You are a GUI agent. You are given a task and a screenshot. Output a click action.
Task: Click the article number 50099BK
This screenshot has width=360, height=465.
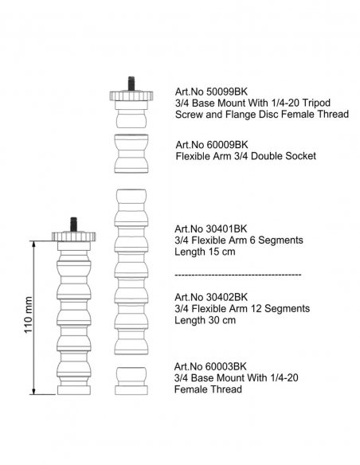pyautogui.click(x=227, y=92)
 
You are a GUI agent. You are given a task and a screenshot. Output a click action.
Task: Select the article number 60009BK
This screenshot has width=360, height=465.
pyautogui.click(x=227, y=144)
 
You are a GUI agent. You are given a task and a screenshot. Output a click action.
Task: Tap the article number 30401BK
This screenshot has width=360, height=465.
pyautogui.click(x=226, y=229)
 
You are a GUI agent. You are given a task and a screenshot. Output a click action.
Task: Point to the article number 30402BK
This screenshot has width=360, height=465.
pyautogui.click(x=226, y=297)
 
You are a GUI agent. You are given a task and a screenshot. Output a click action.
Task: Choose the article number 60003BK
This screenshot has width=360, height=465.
pyautogui.click(x=226, y=366)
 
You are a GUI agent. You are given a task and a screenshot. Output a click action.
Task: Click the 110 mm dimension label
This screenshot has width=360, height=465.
pyautogui.click(x=28, y=315)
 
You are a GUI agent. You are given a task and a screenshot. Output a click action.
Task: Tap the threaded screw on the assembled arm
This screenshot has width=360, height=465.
pyautogui.click(x=73, y=225)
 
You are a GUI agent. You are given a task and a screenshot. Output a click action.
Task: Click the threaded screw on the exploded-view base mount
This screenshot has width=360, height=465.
pyautogui.click(x=131, y=84)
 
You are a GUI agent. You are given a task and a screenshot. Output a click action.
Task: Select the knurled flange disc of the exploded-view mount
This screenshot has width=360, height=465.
pyautogui.click(x=131, y=96)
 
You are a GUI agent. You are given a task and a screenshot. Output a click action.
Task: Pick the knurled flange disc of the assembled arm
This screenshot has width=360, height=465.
pyautogui.click(x=73, y=236)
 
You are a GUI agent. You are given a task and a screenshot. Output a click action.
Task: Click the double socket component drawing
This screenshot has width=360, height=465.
pyautogui.click(x=131, y=154)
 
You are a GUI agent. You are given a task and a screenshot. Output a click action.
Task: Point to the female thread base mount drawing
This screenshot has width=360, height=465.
pyautogui.click(x=131, y=381)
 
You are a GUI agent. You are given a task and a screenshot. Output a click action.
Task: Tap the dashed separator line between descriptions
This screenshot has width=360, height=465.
pyautogui.click(x=238, y=275)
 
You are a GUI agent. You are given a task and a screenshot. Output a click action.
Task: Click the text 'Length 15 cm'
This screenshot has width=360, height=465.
pyautogui.click(x=205, y=252)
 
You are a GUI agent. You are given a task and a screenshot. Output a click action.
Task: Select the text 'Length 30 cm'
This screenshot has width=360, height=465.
pyautogui.click(x=205, y=320)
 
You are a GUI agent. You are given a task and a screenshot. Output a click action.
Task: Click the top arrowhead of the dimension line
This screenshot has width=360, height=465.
pyautogui.click(x=34, y=244)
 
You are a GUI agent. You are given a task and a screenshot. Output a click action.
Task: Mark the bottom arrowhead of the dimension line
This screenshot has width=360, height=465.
pyautogui.click(x=34, y=392)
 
